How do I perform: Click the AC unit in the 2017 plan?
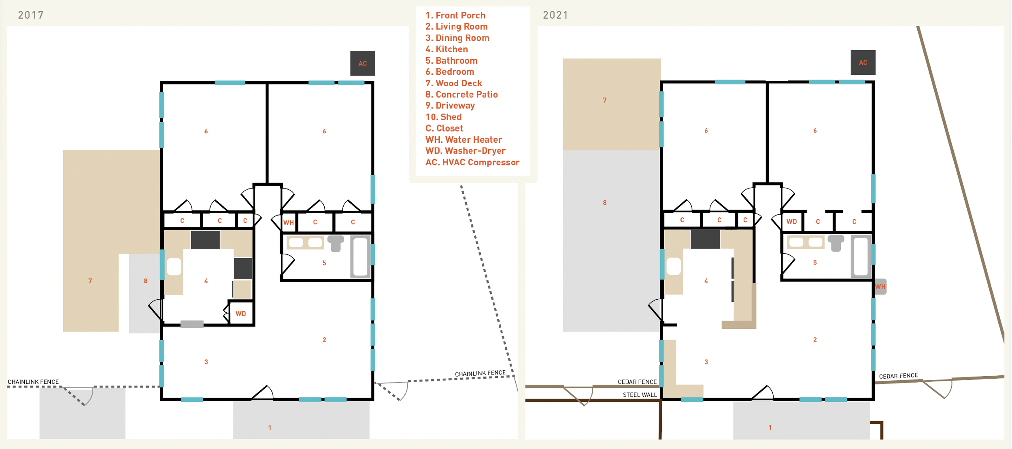pos(362,63)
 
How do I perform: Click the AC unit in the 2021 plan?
pos(863,62)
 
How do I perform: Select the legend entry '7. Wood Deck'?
pos(453,83)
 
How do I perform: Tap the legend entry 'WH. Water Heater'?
pos(463,140)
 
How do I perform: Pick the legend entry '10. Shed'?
pos(443,117)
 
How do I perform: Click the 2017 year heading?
pos(31,15)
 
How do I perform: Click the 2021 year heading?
pos(555,15)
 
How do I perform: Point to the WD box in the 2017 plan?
pos(241,313)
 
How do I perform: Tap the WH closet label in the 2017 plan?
pos(289,222)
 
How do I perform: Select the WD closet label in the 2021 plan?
pos(791,222)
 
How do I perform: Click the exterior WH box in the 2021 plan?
pos(880,286)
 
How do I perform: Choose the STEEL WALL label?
pos(640,395)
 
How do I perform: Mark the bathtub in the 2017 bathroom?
pos(360,256)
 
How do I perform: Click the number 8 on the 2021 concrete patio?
pos(605,203)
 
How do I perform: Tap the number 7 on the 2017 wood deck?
pos(90,281)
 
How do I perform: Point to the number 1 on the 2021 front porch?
pos(770,428)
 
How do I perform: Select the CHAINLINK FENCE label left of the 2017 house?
pos(33,382)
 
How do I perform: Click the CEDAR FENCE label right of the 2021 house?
pos(898,376)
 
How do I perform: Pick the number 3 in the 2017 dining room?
pos(206,362)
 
